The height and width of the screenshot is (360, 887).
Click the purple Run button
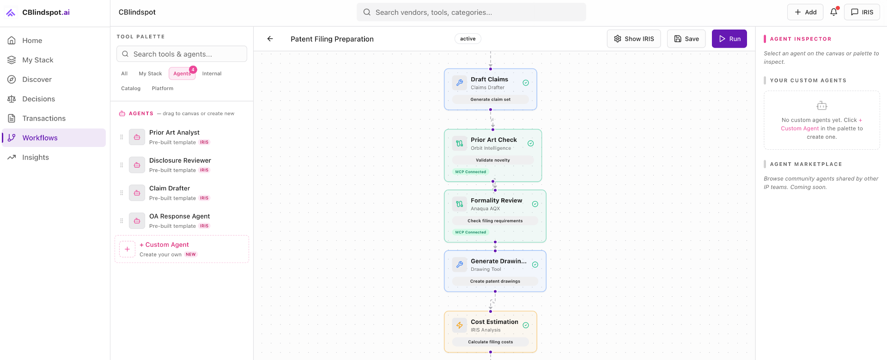click(x=729, y=39)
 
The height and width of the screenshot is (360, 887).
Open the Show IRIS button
click(x=633, y=39)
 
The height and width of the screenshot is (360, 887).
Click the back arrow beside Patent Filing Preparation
click(x=270, y=39)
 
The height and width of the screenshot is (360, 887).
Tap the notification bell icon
click(x=833, y=12)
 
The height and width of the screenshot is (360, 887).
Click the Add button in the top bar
click(x=805, y=12)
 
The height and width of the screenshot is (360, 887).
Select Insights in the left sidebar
click(x=36, y=157)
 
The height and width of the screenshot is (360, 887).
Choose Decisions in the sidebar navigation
click(x=38, y=99)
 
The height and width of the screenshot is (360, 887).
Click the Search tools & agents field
click(x=182, y=54)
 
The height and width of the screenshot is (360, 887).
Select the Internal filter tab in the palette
click(x=212, y=73)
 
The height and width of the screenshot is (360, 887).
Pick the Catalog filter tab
click(x=131, y=88)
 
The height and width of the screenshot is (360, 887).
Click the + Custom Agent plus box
click(x=127, y=249)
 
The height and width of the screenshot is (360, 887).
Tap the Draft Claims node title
click(x=489, y=79)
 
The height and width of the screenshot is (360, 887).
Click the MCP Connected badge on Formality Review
click(x=470, y=232)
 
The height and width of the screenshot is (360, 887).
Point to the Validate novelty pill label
click(x=492, y=160)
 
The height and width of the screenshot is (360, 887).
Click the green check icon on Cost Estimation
click(x=526, y=325)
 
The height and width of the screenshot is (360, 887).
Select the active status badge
click(x=468, y=39)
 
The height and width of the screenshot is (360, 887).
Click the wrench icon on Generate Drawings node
click(x=460, y=265)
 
